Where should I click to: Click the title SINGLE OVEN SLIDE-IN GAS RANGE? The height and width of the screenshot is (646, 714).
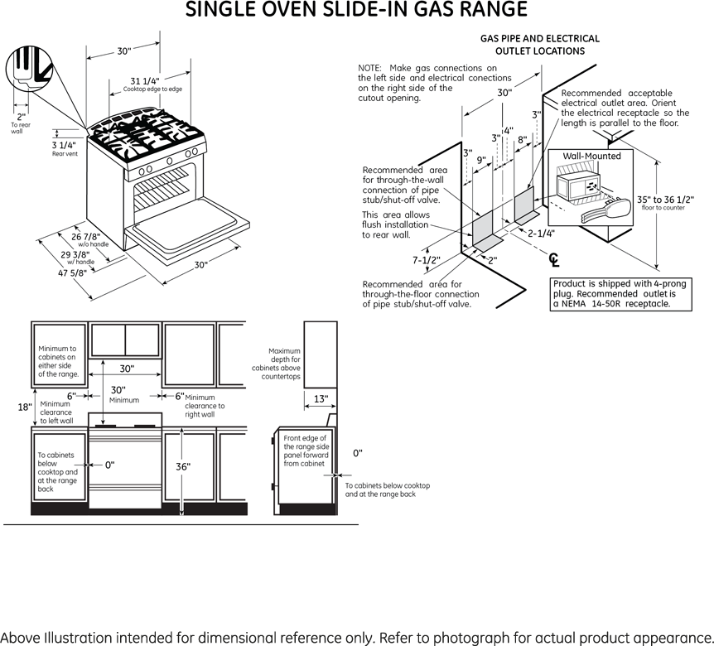[x=356, y=11]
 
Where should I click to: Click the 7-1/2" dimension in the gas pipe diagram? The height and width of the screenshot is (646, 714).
[x=426, y=260]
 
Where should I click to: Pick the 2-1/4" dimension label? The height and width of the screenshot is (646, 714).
[x=542, y=234]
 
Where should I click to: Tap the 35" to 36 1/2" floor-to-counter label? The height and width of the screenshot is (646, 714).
[x=665, y=200]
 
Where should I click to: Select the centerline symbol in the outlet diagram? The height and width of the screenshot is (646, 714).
[x=554, y=260]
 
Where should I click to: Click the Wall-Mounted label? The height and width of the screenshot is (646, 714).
[x=591, y=156]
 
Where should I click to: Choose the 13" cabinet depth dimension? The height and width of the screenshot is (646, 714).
[x=320, y=399]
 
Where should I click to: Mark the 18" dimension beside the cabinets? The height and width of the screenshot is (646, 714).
[x=24, y=407]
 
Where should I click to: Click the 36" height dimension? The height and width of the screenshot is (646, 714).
[x=183, y=466]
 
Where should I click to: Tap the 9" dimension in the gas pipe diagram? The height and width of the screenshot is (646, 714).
[x=480, y=159]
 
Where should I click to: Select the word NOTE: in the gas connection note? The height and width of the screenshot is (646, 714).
[x=369, y=67]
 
